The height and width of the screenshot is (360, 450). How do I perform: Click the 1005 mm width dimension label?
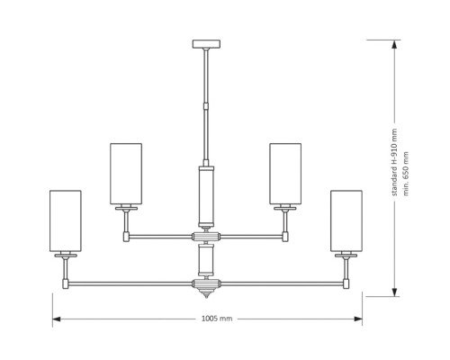coord(217,319)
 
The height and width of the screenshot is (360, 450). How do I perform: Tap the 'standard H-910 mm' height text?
coord(394,162)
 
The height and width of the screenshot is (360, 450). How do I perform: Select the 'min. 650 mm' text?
coord(406,174)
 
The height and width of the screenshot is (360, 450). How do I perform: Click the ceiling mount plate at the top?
coord(206,44)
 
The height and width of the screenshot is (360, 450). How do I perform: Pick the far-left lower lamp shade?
coord(66,220)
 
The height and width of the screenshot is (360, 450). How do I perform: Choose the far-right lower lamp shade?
coord(346,220)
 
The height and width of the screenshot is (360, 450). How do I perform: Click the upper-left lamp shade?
coord(126,174)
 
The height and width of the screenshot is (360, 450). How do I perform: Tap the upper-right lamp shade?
coord(285,174)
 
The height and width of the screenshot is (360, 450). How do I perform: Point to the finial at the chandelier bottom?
coord(206,293)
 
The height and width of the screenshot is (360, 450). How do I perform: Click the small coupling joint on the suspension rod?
coord(206,106)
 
